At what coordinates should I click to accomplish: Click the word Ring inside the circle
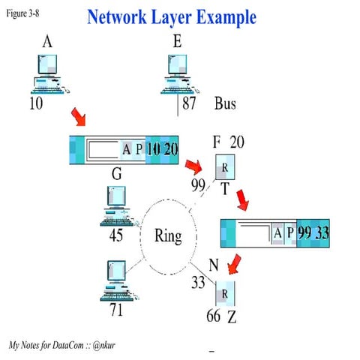[167, 236]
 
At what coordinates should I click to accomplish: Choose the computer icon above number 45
[116, 205]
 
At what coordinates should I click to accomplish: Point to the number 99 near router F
[198, 184]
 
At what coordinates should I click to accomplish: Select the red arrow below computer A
[78, 117]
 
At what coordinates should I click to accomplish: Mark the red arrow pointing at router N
[234, 264]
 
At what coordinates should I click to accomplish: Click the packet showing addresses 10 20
[124, 149]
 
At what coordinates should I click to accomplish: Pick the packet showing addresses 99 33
[275, 233]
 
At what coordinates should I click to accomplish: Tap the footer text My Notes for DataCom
[63, 344]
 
